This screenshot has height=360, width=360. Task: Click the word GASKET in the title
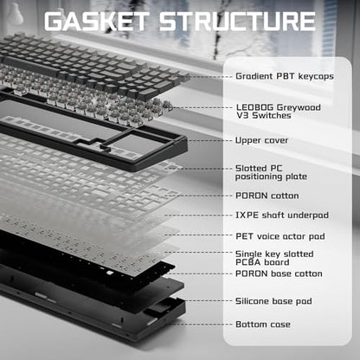[x=96, y=22]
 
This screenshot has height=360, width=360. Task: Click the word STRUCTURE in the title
[x=238, y=22]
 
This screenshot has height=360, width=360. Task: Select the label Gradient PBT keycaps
[x=285, y=76]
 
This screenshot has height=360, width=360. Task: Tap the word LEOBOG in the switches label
[x=254, y=107]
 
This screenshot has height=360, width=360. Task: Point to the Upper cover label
[x=262, y=140]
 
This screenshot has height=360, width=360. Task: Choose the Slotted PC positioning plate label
[x=271, y=172]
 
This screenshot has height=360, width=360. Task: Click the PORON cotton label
[x=267, y=196]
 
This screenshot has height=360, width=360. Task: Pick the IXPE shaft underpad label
[x=282, y=215]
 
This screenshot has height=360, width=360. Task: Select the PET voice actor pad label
[x=280, y=236]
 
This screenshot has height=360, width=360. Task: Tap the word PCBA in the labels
[x=248, y=262]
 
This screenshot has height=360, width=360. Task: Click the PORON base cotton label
[x=279, y=273]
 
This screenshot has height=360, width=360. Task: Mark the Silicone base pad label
[x=273, y=301]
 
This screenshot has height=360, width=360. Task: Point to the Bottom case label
[x=263, y=325]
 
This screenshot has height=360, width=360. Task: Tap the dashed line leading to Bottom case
[x=202, y=324]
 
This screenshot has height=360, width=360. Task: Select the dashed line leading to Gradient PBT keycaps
[x=209, y=77]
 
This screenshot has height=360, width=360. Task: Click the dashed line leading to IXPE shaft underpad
[x=198, y=215]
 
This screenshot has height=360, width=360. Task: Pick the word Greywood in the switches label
[x=299, y=107]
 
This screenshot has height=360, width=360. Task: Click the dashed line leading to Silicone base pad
[x=208, y=300]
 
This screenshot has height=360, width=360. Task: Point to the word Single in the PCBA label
[x=248, y=254]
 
